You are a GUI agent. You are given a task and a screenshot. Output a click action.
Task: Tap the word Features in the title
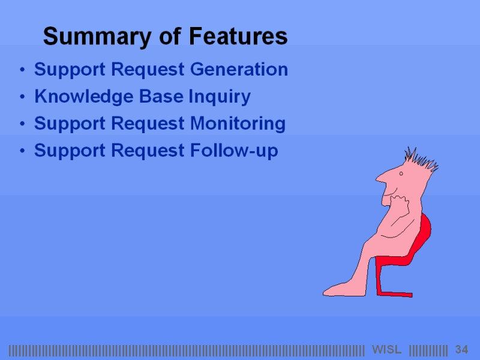point(238,36)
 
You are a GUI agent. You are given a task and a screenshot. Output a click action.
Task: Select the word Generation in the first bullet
point(239,69)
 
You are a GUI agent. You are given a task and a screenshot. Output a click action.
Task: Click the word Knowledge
point(84,97)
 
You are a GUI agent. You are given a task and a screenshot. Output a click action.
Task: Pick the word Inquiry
point(220,97)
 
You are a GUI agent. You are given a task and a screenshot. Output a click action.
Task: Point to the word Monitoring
point(238,124)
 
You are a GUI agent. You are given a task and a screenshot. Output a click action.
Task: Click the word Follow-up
point(234,151)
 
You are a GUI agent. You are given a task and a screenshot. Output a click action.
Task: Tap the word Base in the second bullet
point(161,97)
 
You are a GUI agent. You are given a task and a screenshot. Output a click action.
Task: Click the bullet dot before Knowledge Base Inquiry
point(22,97)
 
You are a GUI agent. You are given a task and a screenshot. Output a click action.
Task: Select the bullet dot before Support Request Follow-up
point(22,151)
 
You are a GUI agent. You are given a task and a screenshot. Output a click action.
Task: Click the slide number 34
point(461,349)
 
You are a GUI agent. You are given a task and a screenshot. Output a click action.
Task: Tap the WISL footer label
point(386,349)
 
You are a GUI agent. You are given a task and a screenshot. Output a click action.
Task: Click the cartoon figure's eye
point(401,174)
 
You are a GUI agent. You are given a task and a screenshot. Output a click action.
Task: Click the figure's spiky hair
point(421,159)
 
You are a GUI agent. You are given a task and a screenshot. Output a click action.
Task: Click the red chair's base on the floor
point(394,294)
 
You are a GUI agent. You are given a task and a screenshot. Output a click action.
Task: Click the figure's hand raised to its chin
point(400,203)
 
